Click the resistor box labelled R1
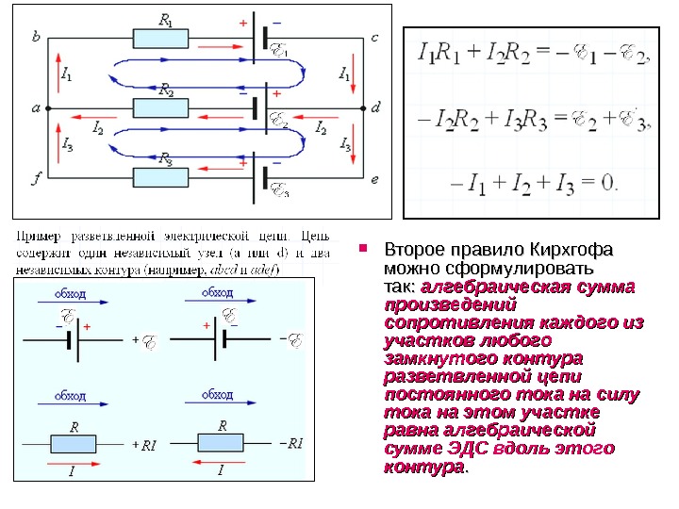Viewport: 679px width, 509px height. (x=161, y=38)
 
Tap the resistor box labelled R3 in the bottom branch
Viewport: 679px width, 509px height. (x=161, y=176)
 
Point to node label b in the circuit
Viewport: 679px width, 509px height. (x=36, y=37)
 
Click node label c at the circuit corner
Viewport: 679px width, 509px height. (x=374, y=37)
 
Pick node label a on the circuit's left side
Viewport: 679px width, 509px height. (x=36, y=107)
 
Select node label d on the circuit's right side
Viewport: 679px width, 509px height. (x=375, y=107)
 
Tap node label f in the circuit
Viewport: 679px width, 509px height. (x=36, y=177)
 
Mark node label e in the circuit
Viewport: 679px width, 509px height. (x=374, y=177)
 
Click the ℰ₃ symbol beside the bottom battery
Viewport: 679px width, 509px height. (x=280, y=191)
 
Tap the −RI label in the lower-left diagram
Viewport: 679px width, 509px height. (x=292, y=443)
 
